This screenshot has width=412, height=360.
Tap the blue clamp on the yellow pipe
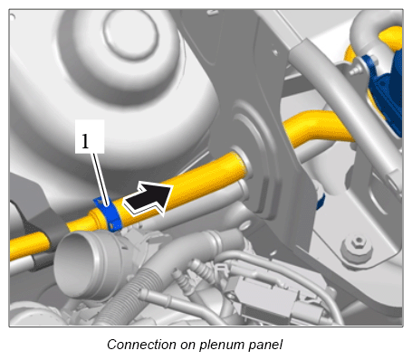click(x=109, y=214)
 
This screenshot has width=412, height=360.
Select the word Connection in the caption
click(x=141, y=345)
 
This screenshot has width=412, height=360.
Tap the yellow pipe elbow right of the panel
click(x=317, y=128)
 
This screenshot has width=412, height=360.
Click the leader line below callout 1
click(x=101, y=179)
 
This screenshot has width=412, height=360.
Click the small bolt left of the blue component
click(x=357, y=70)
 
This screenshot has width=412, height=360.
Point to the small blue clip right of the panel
click(x=321, y=202)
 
